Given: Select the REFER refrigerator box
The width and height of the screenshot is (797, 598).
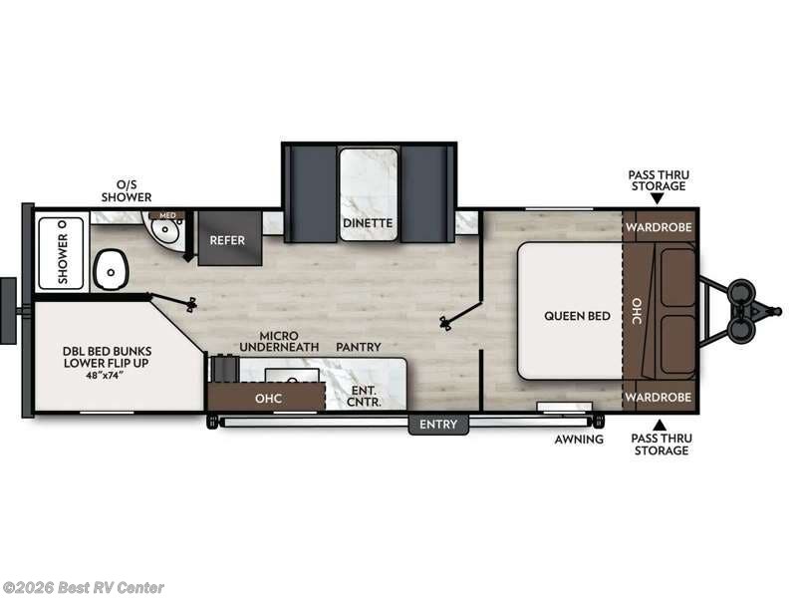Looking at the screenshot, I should pyautogui.click(x=227, y=240).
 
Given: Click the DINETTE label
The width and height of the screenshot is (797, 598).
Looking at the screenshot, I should pyautogui.click(x=368, y=223).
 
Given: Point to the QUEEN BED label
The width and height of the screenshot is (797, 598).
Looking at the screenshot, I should pyautogui.click(x=577, y=316).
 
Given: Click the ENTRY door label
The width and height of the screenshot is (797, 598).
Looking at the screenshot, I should pyautogui.click(x=437, y=425).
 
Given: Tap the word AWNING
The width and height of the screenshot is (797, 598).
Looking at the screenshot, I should pyautogui.click(x=579, y=439).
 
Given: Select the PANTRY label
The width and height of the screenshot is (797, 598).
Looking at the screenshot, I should pyautogui.click(x=359, y=346).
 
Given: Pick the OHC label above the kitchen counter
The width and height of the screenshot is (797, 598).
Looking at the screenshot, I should pyautogui.click(x=267, y=399).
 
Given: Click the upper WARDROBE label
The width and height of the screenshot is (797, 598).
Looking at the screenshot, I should pyautogui.click(x=658, y=226).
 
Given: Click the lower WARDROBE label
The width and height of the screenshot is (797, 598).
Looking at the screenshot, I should pyautogui.click(x=658, y=397).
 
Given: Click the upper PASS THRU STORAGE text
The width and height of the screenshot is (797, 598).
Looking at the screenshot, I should pyautogui.click(x=658, y=180).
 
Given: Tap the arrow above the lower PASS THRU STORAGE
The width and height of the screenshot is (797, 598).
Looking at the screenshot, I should pyautogui.click(x=658, y=425).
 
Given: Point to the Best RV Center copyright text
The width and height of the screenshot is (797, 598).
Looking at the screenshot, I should pyautogui.click(x=84, y=588).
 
